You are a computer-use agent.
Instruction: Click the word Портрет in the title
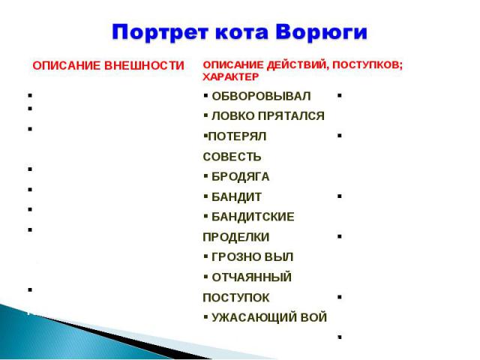coord(160,31)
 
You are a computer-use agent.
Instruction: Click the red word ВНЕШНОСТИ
coord(144,66)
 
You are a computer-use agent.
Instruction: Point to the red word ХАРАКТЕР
coord(231,76)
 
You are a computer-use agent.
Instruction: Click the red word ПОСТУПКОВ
coord(367,65)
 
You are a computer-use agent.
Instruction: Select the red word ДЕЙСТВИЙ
coord(298,65)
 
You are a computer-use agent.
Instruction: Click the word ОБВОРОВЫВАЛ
coord(261,96)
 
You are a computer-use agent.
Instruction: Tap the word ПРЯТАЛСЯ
coord(291,116)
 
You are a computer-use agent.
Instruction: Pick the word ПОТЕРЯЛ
coord(237,136)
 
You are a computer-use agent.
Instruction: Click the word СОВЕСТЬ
coord(232,157)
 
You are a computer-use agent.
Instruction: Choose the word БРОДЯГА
coord(241,177)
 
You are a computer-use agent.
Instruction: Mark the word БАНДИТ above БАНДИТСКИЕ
coord(237,196)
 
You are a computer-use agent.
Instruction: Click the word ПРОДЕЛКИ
coord(236,237)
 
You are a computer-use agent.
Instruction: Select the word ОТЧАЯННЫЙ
coord(252,277)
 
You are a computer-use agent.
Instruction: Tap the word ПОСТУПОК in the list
coord(236,298)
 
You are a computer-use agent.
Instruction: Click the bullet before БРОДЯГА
coord(205,176)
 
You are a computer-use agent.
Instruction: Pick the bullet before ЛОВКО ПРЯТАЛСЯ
coord(205,115)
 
